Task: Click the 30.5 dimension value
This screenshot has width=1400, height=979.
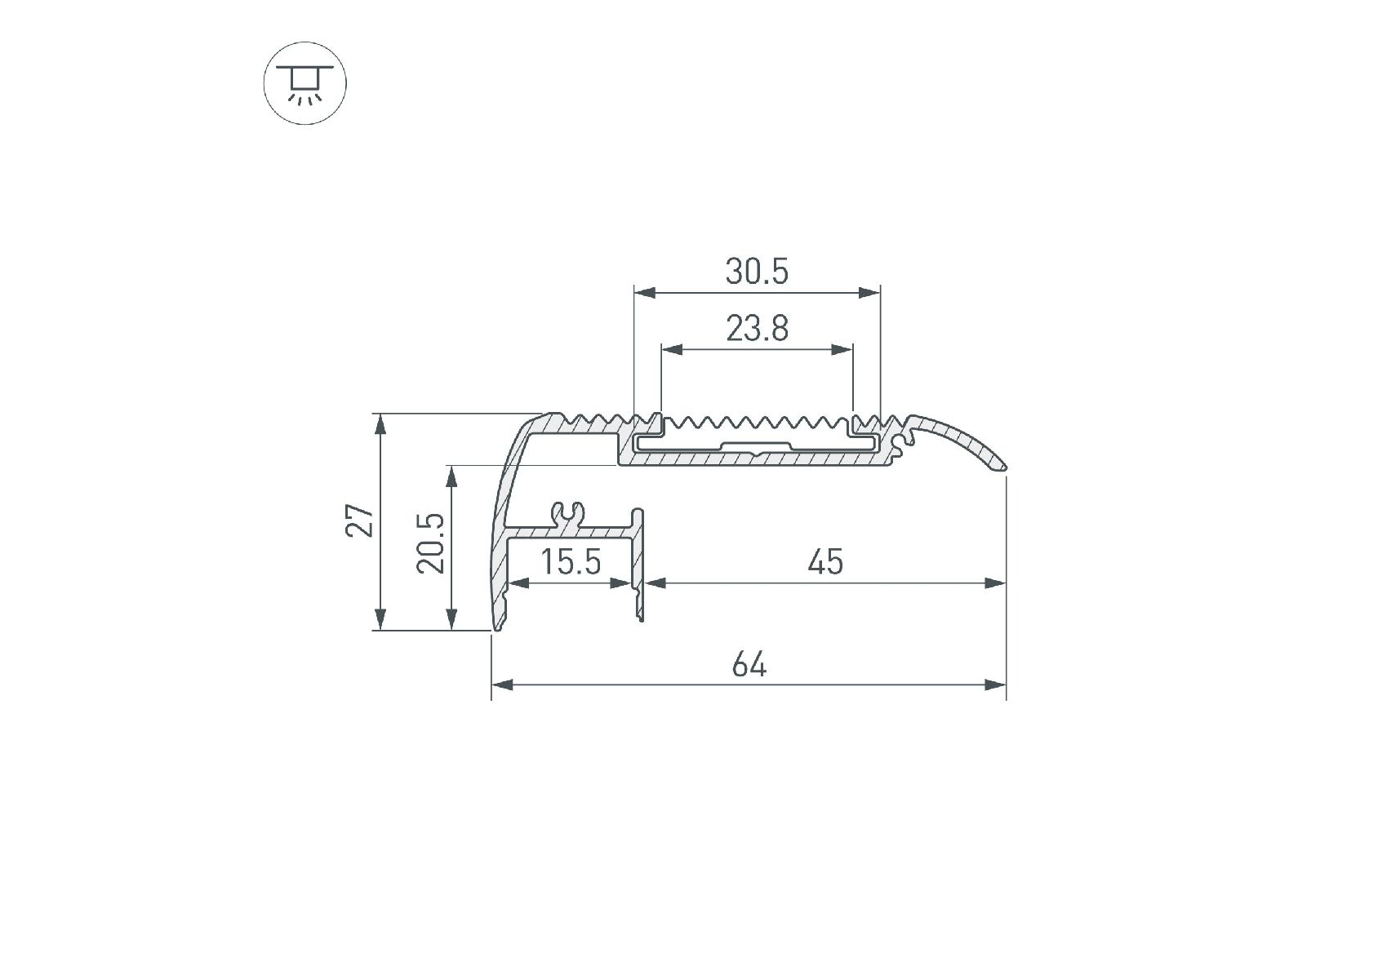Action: tap(757, 272)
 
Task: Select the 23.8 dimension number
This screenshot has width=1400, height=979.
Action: tap(757, 329)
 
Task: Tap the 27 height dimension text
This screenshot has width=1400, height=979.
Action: tap(360, 521)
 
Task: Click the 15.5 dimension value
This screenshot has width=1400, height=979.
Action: tap(571, 562)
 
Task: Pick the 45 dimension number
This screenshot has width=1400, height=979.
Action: tap(825, 562)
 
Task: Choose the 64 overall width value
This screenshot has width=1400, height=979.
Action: tap(749, 665)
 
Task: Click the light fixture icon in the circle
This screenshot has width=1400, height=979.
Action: tap(305, 83)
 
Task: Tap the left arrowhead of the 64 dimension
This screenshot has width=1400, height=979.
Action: tap(501, 684)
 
